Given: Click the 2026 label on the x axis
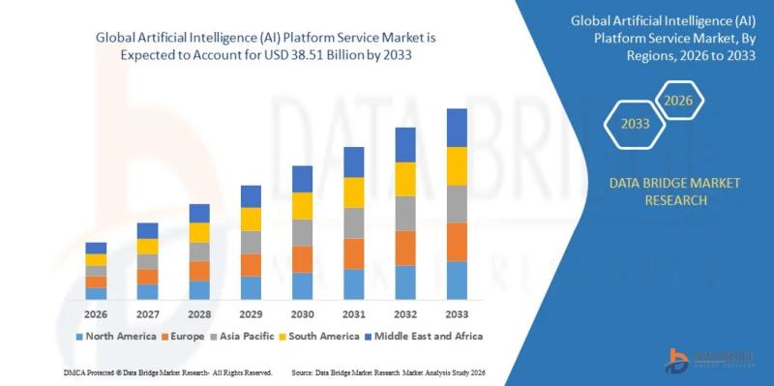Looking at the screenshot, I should tap(96, 314).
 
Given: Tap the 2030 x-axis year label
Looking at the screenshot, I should tap(302, 314).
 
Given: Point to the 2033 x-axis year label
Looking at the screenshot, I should tap(457, 314).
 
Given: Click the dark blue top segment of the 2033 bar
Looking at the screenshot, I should tap(457, 127).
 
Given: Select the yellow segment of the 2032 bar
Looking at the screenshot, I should tap(405, 178).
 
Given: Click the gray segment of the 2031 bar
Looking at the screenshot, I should tap(354, 223).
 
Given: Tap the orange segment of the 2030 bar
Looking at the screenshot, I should tap(302, 259).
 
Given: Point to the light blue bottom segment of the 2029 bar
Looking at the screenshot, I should tap(251, 287).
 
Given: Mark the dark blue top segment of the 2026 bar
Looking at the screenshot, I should tap(96, 248).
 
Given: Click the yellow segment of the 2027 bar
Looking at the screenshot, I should tap(147, 246).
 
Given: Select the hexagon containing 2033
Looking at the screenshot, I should tap(635, 125).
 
